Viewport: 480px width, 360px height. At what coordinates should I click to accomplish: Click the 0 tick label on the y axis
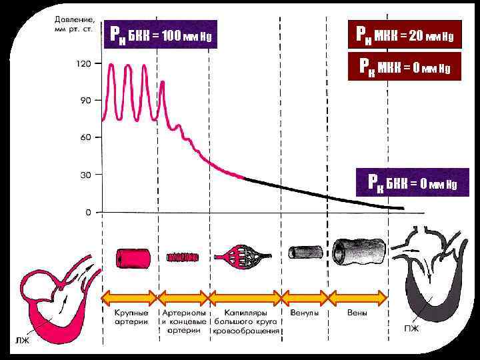pyautogui.click(x=87, y=212)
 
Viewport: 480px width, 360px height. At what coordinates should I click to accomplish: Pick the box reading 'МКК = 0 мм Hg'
pyautogui.click(x=405, y=67)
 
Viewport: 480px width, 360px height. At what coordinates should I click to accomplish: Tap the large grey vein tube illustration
pyautogui.click(x=360, y=250)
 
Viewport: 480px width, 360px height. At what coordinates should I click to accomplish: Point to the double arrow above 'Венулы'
pyautogui.click(x=305, y=297)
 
